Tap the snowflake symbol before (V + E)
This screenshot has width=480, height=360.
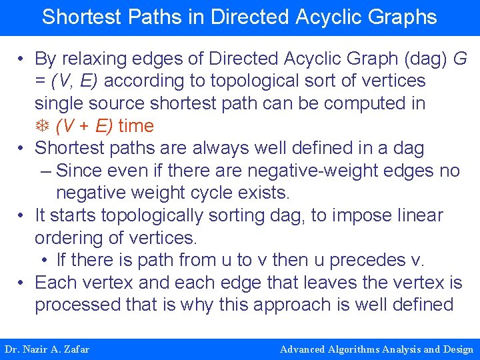pos(42,126)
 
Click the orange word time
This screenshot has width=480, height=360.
pos(136,126)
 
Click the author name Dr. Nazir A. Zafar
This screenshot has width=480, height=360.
pos(47,349)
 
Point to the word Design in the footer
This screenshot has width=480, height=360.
pos(457,349)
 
